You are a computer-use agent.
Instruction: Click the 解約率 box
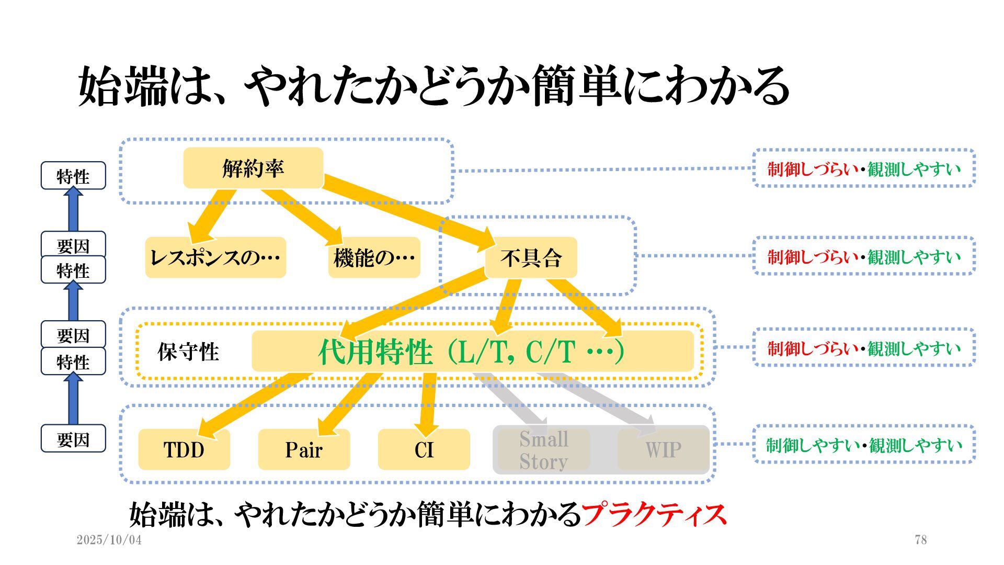(x=253, y=168)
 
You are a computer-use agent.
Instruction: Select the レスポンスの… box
(x=215, y=257)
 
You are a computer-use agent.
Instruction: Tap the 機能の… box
(x=374, y=257)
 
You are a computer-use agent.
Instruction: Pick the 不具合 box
(x=531, y=257)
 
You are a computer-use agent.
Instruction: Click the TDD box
(x=184, y=449)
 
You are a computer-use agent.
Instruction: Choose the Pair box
(x=304, y=449)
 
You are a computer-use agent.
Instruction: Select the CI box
(x=424, y=449)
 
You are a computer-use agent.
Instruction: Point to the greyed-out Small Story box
(x=544, y=450)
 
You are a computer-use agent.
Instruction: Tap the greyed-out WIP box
(x=663, y=449)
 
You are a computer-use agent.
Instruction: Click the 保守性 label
(x=188, y=352)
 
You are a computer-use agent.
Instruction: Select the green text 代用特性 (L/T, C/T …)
(x=471, y=352)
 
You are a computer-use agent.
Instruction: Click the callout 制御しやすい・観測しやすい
(x=864, y=445)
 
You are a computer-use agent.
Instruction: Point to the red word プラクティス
(x=654, y=515)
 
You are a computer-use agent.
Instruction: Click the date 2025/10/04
(x=109, y=540)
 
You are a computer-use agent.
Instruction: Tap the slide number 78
(x=921, y=540)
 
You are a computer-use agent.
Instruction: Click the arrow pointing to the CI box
(x=428, y=403)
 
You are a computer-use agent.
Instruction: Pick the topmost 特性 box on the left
(x=73, y=176)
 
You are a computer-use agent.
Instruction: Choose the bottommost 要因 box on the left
(x=73, y=439)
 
